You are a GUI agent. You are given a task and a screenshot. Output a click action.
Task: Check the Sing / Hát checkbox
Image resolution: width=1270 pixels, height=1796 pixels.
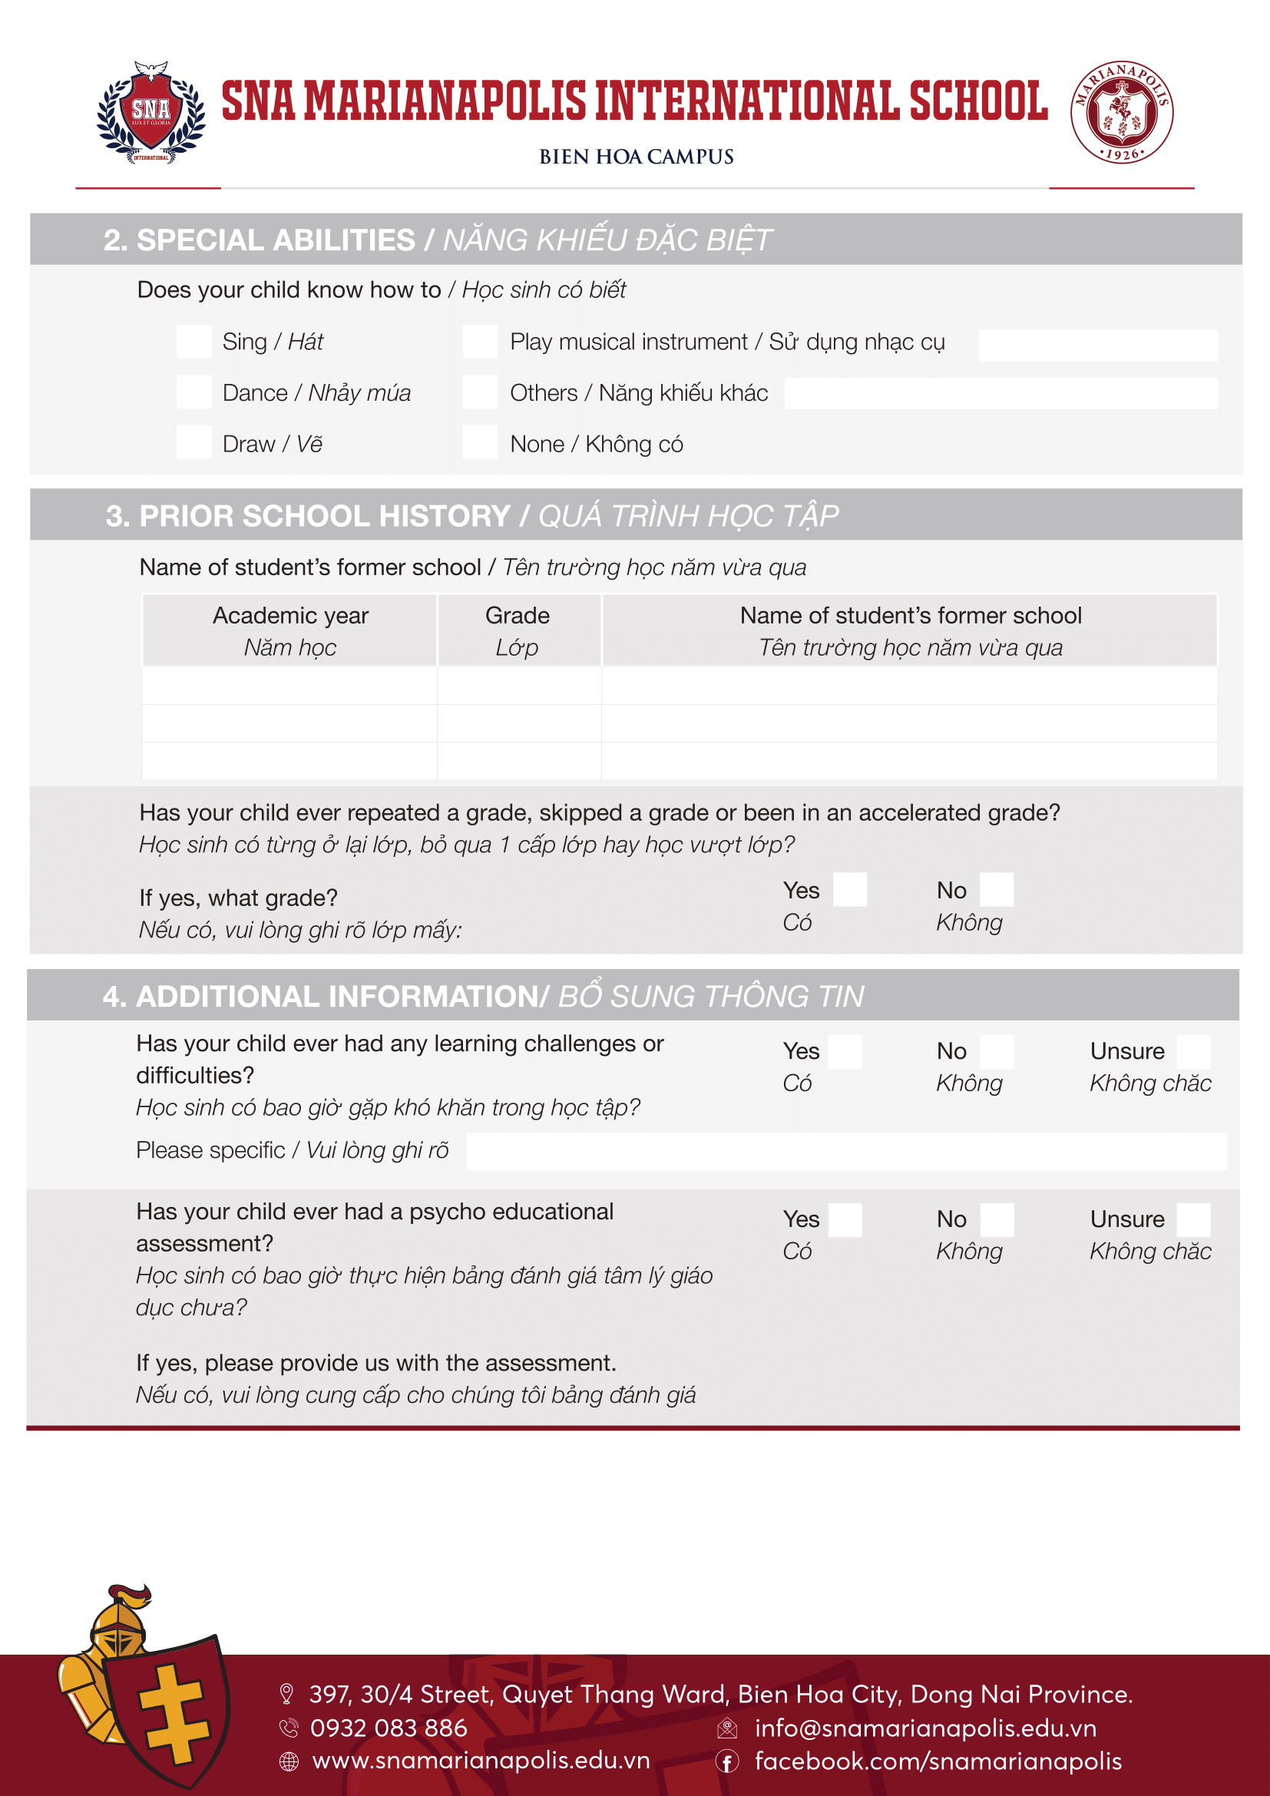point(194,342)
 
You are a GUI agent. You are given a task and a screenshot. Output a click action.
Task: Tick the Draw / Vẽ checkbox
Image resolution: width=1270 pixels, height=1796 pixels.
point(194,442)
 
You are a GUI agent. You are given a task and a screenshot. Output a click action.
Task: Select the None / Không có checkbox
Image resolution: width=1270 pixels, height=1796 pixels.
point(479,442)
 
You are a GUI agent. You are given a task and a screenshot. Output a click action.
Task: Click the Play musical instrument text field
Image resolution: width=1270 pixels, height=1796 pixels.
point(1097,345)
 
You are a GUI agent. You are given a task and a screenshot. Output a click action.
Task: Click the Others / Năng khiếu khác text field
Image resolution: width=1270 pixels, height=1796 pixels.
point(1000,393)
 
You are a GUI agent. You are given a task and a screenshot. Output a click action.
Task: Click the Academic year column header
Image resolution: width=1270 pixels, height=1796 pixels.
point(290,630)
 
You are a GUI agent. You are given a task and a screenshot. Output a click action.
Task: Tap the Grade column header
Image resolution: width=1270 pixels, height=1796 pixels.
point(518,630)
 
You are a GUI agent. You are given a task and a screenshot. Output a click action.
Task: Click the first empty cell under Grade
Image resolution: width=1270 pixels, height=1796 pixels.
point(518,685)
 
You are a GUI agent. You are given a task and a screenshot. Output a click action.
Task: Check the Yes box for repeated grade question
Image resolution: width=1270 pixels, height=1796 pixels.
point(849,889)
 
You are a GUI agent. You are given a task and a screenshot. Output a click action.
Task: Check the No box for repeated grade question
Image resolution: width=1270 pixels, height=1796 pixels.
point(997,889)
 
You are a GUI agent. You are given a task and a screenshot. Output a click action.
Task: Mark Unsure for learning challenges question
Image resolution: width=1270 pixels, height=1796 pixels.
point(1192,1051)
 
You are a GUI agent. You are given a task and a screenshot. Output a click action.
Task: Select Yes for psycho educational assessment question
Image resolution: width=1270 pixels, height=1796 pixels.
point(845,1219)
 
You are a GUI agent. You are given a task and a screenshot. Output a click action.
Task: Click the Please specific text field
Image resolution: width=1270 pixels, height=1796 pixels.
point(846,1151)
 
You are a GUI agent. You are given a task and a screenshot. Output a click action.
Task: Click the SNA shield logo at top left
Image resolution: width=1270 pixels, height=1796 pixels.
point(151,112)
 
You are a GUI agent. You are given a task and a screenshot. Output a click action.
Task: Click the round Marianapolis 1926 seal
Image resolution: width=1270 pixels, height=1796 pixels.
point(1120,112)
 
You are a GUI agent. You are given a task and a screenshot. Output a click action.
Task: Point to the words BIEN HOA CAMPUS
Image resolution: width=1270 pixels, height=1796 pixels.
point(636,157)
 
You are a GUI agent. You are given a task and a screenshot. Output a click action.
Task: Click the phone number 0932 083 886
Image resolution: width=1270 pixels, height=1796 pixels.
point(389,1727)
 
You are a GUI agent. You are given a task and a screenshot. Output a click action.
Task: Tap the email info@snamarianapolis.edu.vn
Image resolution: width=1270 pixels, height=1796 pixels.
point(925,1727)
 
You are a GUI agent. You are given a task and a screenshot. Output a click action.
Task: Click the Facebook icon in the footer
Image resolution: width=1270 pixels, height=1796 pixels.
point(726,1761)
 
